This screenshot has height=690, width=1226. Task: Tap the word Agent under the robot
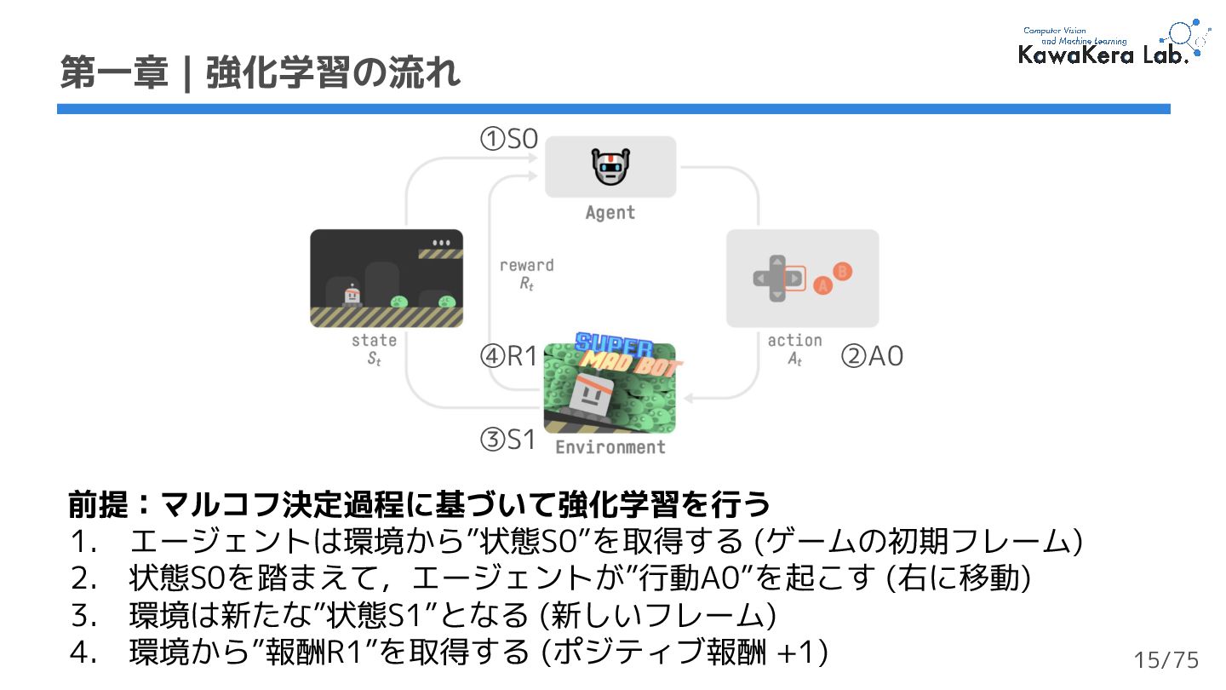click(610, 213)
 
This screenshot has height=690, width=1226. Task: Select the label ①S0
click(509, 139)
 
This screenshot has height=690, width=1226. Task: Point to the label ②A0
click(872, 356)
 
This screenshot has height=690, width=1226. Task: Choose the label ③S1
click(508, 440)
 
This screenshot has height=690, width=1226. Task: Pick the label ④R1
click(508, 356)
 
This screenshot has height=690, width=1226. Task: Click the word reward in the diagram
click(526, 266)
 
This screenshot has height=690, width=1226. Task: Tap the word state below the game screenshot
click(374, 341)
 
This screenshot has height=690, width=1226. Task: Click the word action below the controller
click(794, 341)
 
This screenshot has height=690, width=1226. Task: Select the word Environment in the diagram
click(610, 447)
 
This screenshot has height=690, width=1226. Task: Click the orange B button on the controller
click(842, 272)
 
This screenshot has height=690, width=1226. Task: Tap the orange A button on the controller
click(822, 286)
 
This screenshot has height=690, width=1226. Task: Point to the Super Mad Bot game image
click(610, 388)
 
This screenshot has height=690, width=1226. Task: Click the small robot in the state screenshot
click(352, 295)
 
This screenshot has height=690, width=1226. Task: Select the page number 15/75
click(1166, 660)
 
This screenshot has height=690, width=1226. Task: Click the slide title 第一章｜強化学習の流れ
click(261, 73)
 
